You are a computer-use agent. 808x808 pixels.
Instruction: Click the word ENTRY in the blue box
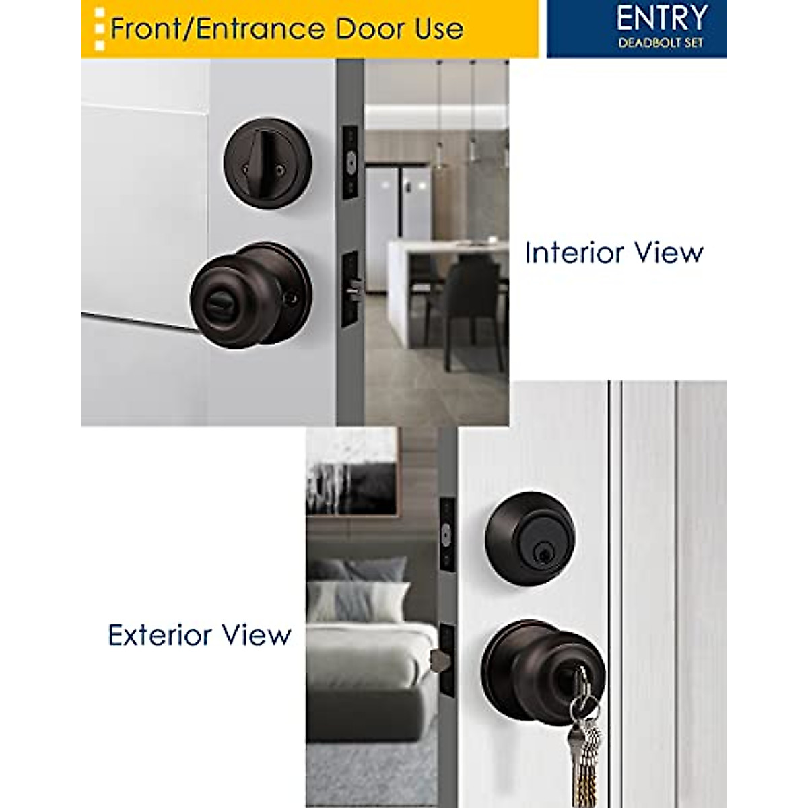coord(661,19)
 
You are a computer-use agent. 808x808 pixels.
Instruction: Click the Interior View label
coord(614,253)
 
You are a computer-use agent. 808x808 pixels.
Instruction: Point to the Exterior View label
coord(199,636)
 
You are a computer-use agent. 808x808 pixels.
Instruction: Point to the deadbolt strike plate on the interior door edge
coord(349,162)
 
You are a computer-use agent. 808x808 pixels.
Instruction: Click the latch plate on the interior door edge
coord(350,288)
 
